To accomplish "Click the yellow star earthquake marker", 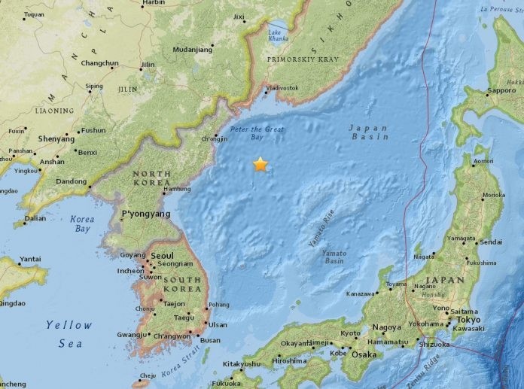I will [260, 164].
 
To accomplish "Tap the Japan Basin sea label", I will [369, 132].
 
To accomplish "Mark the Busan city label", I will [211, 340].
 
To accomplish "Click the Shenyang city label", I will [56, 139].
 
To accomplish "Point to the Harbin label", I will [153, 3].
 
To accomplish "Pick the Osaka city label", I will [364, 354].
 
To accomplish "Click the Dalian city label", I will [35, 219].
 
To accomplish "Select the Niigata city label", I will [425, 257].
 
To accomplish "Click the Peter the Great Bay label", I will [257, 133].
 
